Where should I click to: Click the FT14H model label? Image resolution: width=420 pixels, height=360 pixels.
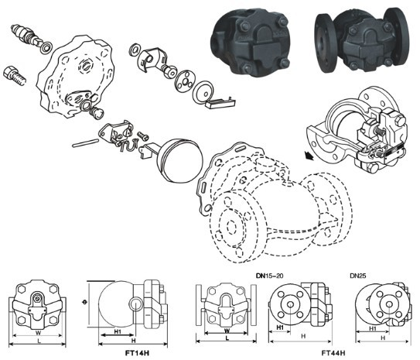pos(137,352)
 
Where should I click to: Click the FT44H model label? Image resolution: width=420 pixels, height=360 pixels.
pos(333,352)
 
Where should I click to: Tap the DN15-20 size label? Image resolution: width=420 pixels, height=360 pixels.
pos(269,276)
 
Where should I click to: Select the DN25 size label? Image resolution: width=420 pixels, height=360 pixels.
pos(358,276)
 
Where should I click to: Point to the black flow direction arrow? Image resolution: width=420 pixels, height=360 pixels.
pos(309,155)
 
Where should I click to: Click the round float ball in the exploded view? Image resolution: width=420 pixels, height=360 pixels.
pos(180,160)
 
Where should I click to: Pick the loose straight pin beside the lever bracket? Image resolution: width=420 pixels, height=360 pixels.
pos(85,142)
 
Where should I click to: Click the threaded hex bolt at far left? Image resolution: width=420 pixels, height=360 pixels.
pos(15,75)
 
